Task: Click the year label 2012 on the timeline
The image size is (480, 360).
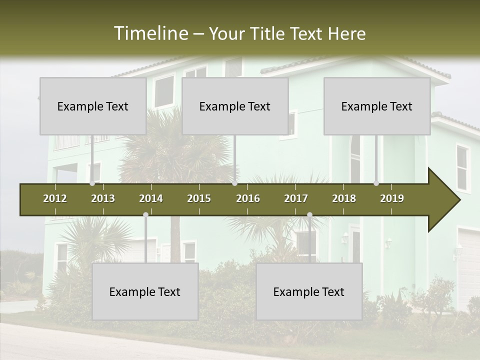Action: click(55, 198)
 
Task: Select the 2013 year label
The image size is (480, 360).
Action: click(103, 198)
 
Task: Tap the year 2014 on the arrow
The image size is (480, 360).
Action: click(151, 198)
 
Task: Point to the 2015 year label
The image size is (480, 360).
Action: click(199, 198)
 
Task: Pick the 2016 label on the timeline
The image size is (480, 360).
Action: click(248, 198)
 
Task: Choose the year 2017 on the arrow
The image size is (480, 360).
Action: click(296, 198)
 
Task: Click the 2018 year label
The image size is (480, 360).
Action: click(344, 198)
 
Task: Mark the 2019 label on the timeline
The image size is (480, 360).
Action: click(392, 198)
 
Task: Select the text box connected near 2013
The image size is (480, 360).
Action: click(93, 106)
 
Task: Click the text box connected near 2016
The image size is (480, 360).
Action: click(235, 106)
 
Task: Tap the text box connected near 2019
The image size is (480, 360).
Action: click(377, 106)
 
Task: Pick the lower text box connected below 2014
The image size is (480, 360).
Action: click(145, 291)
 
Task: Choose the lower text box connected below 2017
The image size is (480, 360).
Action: click(309, 291)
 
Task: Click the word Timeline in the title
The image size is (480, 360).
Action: click(150, 33)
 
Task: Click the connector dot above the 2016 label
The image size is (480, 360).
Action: click(235, 183)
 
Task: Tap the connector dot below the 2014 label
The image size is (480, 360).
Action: click(145, 215)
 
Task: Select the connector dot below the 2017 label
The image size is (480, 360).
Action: click(309, 215)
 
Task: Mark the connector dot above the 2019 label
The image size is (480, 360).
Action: click(376, 183)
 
